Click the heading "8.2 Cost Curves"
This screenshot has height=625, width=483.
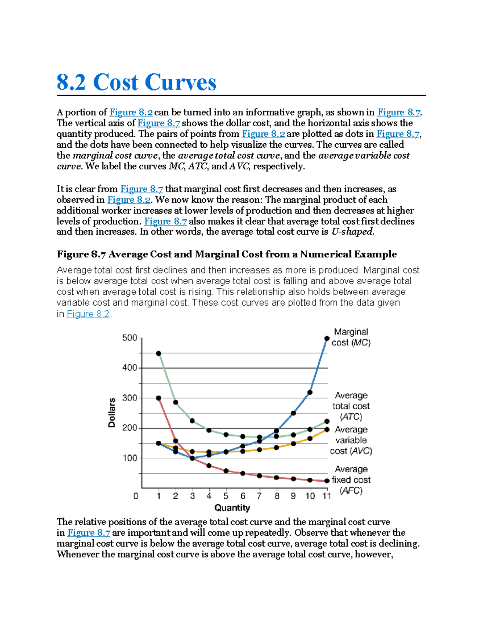click(x=136, y=83)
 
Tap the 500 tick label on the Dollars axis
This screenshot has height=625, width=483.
click(x=130, y=338)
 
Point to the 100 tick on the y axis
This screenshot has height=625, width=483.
click(x=130, y=458)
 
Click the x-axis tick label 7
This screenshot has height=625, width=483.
click(x=260, y=496)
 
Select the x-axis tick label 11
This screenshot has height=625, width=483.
click(x=326, y=496)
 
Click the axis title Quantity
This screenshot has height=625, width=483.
click(x=232, y=508)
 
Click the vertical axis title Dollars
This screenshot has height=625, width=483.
click(x=111, y=413)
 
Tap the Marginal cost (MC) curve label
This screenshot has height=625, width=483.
click(x=351, y=337)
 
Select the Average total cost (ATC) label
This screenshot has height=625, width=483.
click(x=351, y=406)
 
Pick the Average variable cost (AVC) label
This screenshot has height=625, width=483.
click(x=351, y=440)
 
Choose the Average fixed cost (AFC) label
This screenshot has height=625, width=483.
click(x=351, y=480)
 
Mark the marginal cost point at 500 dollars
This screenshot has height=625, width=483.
click(x=327, y=339)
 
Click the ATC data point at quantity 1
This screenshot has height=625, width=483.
click(x=159, y=353)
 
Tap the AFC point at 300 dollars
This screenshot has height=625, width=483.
click(x=159, y=398)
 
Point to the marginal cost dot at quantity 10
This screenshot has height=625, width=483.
click(x=310, y=392)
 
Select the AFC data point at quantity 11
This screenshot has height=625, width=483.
click(x=327, y=481)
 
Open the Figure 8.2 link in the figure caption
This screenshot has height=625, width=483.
click(x=88, y=314)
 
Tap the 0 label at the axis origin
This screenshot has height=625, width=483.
click(x=136, y=496)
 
